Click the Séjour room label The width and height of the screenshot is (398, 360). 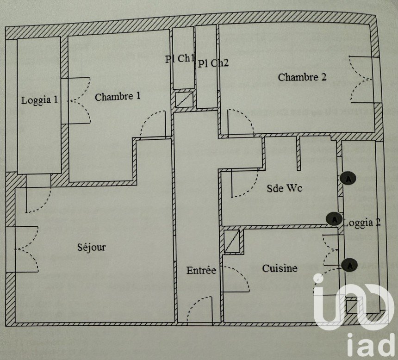coord(91,247)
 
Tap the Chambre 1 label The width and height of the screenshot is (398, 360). coord(118,96)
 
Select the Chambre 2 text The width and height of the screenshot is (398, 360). coord(302,77)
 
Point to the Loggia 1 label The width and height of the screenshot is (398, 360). coord(39,100)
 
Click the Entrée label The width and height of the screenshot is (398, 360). coord(201,270)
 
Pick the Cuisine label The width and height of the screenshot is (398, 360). coord(280,268)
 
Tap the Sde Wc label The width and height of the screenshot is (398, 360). coord(284,188)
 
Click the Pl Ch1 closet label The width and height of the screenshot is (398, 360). coord(180,59)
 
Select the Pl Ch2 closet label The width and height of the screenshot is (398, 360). coord(213,63)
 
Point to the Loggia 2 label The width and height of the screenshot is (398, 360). coord(362,223)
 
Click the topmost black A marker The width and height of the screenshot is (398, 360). coord(348,178)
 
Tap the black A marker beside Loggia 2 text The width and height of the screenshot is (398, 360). coord(334,219)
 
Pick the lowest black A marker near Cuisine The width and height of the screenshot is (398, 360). coord(349,265)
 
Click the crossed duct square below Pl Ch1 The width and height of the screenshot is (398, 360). coord(184,99)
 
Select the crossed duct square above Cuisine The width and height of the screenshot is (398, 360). coord(232,241)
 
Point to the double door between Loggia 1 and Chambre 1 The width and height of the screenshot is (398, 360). coord(79,101)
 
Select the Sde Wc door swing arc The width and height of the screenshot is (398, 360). coord(245,183)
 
